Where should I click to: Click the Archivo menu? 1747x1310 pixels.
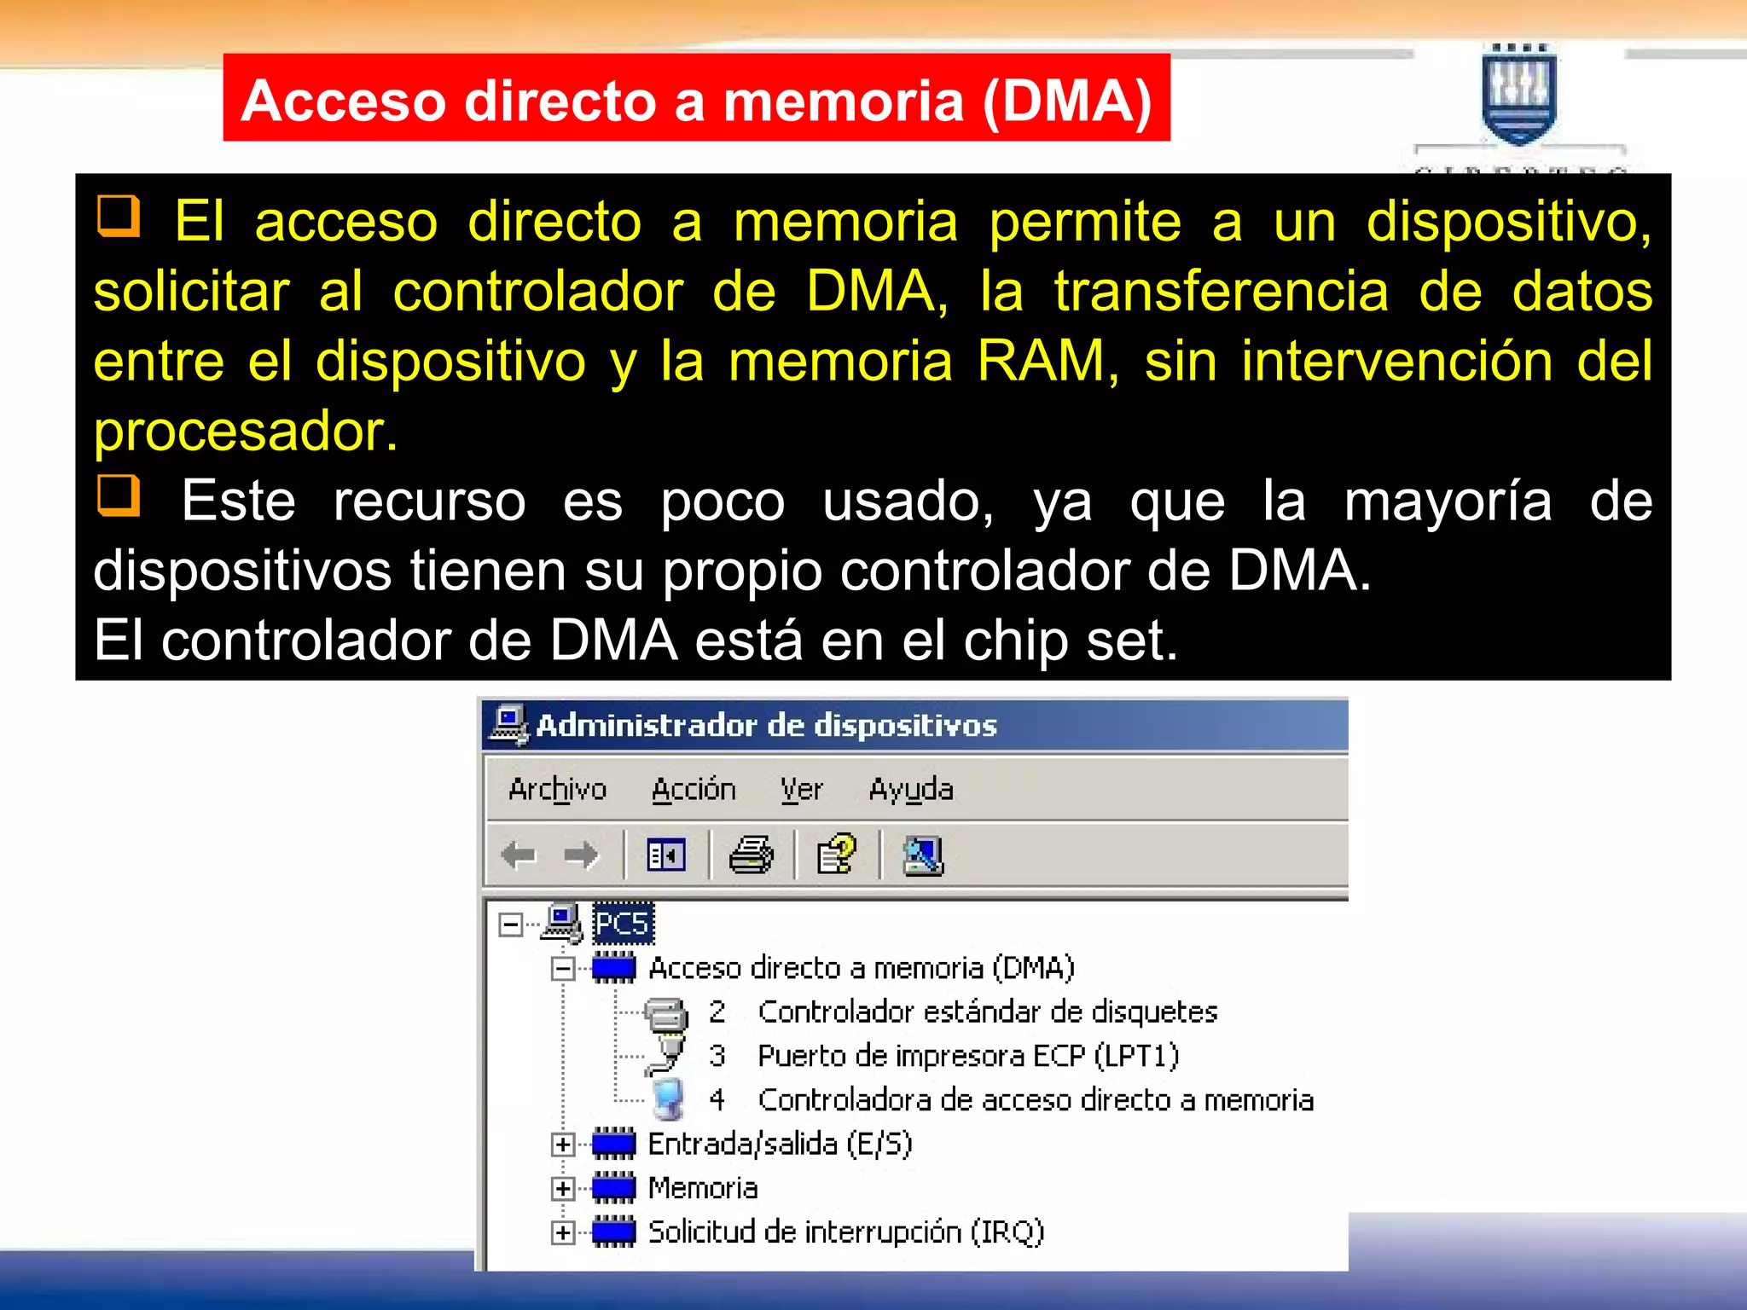(x=557, y=790)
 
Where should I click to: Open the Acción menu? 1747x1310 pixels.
(x=694, y=790)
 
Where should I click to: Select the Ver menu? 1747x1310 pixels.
(x=802, y=790)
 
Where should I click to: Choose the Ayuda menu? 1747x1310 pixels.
(x=911, y=790)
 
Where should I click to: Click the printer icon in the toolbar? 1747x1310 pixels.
(x=751, y=855)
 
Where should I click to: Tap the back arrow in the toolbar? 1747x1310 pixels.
(x=519, y=855)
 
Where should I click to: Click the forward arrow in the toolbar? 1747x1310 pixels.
(x=582, y=855)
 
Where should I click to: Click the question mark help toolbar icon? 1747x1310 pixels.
(x=837, y=855)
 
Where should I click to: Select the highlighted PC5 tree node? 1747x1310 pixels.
(x=623, y=924)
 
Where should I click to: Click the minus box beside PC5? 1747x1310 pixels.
(x=511, y=925)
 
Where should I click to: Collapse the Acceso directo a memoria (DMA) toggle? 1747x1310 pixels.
(x=562, y=969)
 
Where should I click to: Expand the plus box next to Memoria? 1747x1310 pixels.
(x=562, y=1189)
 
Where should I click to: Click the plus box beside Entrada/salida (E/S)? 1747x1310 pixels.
(x=562, y=1145)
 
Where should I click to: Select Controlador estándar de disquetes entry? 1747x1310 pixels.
(x=987, y=1012)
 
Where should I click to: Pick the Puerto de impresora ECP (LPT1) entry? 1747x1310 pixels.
(x=968, y=1056)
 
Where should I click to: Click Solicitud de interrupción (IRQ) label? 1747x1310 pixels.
(x=845, y=1232)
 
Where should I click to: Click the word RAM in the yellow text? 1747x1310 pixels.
(x=1042, y=361)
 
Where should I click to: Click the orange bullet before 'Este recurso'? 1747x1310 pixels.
(x=119, y=496)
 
